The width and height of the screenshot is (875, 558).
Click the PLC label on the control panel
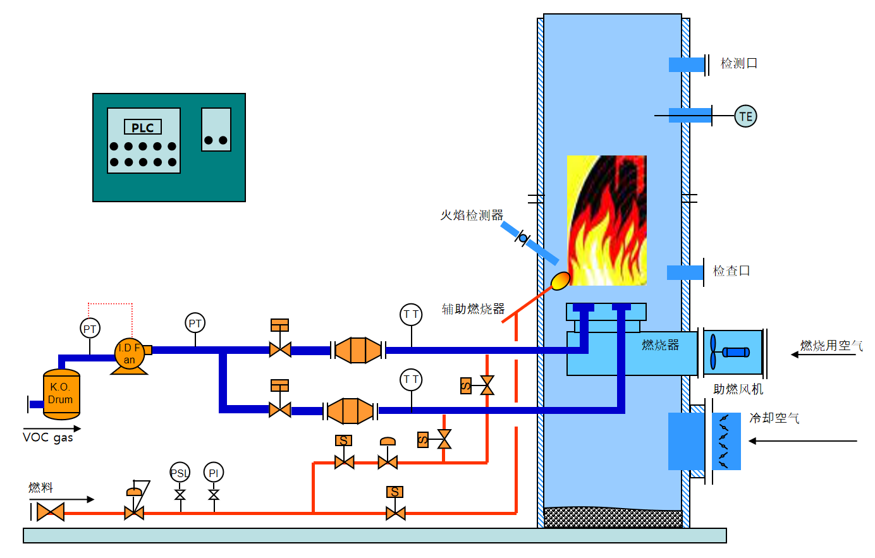(x=143, y=128)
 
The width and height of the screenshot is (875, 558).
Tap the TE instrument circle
(x=745, y=116)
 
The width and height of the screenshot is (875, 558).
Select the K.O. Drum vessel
(x=61, y=394)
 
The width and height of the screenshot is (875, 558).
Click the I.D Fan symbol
(x=130, y=354)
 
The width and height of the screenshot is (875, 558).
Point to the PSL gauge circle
(x=180, y=473)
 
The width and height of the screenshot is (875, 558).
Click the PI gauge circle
(x=214, y=473)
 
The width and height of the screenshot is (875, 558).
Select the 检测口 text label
(x=739, y=63)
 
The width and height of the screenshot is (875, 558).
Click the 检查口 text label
(x=731, y=271)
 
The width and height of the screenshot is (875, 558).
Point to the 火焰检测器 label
(x=472, y=215)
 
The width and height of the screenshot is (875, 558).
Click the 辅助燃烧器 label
(x=473, y=309)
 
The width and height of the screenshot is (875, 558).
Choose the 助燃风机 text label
(x=738, y=389)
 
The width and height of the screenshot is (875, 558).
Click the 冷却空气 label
(x=774, y=418)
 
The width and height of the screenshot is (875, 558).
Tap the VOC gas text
(x=48, y=437)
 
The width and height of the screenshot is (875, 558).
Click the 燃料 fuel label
(x=41, y=487)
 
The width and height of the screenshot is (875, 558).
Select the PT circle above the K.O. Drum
(x=90, y=329)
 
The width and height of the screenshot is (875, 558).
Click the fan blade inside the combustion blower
(x=714, y=351)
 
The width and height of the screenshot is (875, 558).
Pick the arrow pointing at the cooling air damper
(x=803, y=440)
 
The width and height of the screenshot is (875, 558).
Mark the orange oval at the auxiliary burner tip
(x=561, y=280)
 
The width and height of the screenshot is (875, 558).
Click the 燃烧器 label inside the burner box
(x=660, y=345)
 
